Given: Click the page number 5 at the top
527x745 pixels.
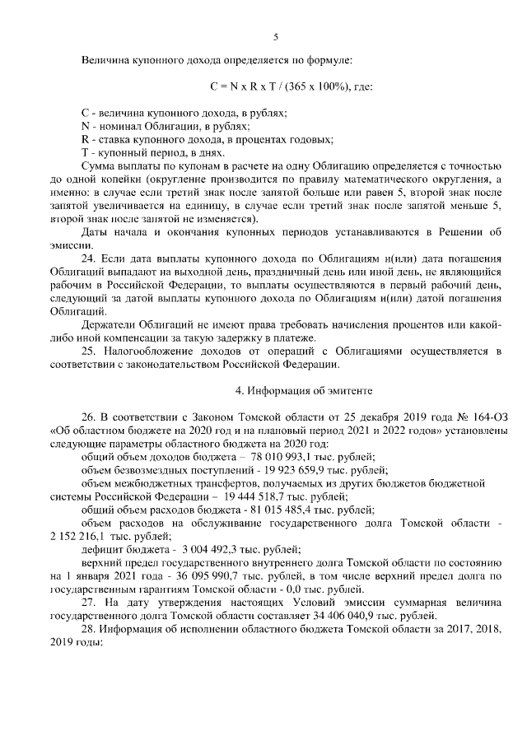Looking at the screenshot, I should (x=275, y=36).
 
